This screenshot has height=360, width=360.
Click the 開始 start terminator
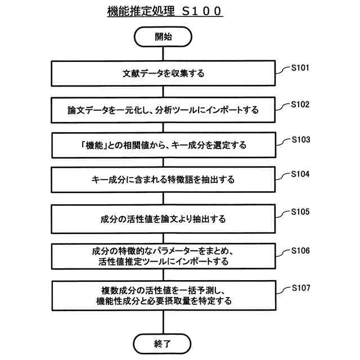[x=163, y=37]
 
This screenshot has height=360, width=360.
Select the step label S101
[x=300, y=69]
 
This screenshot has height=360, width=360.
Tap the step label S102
[x=300, y=105]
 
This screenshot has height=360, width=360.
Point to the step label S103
[x=300, y=139]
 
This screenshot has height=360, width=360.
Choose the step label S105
[x=300, y=212]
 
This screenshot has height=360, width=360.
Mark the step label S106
[x=300, y=250]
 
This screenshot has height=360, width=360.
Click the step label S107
[x=300, y=288]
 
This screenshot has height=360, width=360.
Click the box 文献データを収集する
[x=163, y=74]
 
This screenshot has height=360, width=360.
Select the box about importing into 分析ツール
[x=163, y=110]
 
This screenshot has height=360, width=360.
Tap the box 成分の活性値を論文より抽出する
[x=163, y=219]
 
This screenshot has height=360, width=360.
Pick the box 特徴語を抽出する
[x=163, y=181]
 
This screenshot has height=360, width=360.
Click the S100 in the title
[x=202, y=11]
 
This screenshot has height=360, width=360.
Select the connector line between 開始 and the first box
[x=163, y=54]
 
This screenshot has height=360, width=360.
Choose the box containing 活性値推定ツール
[x=163, y=256]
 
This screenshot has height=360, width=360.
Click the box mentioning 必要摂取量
[x=163, y=295]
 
